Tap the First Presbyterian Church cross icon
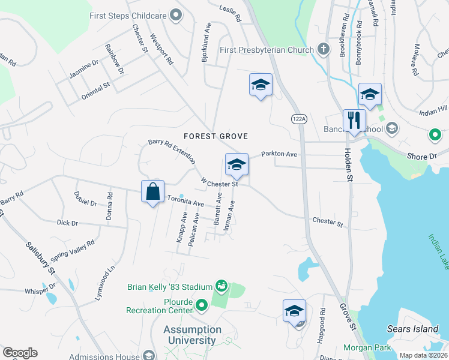pos(324,50)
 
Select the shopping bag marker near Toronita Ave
pos(153,193)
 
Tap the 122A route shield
pos(298,119)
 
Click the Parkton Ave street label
pos(279,154)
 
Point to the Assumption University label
pos(193,335)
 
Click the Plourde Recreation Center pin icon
pos(201,306)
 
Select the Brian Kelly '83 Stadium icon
pos(221,286)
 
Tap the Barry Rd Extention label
pos(172,151)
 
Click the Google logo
pos(20,353)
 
